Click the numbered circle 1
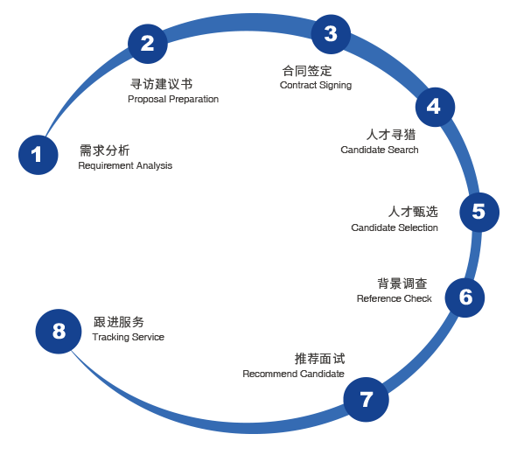pyautogui.click(x=38, y=155)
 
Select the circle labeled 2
pyautogui.click(x=148, y=44)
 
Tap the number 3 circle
pyautogui.click(x=331, y=34)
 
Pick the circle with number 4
pyautogui.click(x=435, y=107)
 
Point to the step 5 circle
pyautogui.click(x=479, y=212)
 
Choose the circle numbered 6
pyautogui.click(x=465, y=297)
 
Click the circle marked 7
pyautogui.click(x=367, y=399)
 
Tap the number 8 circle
pyautogui.click(x=59, y=332)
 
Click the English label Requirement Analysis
pyautogui.click(x=125, y=166)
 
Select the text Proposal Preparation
pyautogui.click(x=173, y=99)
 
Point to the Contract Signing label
pyautogui.click(x=316, y=85)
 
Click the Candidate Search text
pyautogui.click(x=380, y=150)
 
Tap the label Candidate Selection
pyautogui.click(x=395, y=227)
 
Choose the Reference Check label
pyautogui.click(x=395, y=298)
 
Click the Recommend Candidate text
pyautogui.click(x=293, y=374)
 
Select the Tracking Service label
pyautogui.click(x=128, y=337)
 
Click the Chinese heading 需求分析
pyautogui.click(x=105, y=150)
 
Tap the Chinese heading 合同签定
pyautogui.click(x=307, y=71)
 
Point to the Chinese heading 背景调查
pyautogui.click(x=402, y=283)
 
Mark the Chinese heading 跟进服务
pyautogui.click(x=119, y=322)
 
